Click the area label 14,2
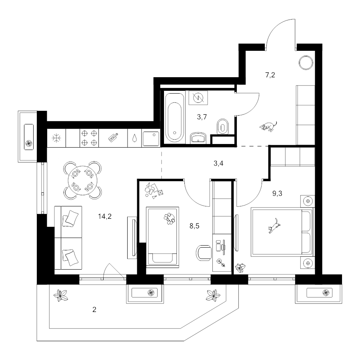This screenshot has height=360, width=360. (x=105, y=216)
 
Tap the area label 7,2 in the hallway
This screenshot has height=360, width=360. (x=270, y=75)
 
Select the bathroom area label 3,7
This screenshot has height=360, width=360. (x=202, y=117)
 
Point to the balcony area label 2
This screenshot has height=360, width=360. (x=94, y=310)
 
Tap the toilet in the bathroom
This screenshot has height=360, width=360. (x=222, y=126)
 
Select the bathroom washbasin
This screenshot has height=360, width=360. (x=198, y=138)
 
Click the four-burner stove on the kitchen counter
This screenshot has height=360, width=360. (x=89, y=138)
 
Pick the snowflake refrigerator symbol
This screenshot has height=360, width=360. (x=56, y=138)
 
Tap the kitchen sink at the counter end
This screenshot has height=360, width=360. (x=151, y=139)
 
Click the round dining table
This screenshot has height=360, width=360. (x=82, y=180)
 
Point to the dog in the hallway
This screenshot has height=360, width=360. (x=268, y=126)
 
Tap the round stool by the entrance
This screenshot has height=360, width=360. (x=306, y=62)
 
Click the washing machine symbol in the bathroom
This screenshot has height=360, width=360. (x=198, y=98)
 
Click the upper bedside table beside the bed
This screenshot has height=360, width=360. (x=308, y=201)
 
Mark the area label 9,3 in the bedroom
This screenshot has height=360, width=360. (x=277, y=194)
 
